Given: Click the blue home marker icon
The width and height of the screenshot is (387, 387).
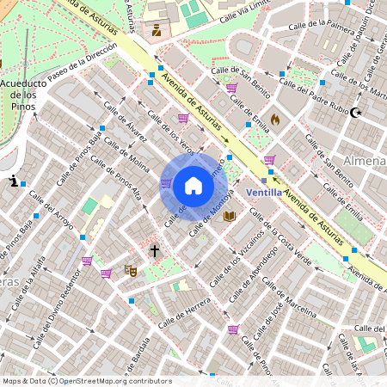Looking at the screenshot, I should [193, 185].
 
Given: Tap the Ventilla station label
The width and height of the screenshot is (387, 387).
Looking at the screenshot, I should [265, 193].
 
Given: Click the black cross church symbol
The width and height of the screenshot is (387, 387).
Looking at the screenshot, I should [155, 251].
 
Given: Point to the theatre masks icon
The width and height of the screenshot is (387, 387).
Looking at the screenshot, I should [131, 270].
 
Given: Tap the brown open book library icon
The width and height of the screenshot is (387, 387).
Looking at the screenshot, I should [229, 216].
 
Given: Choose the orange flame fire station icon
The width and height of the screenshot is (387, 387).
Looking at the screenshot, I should [275, 119].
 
